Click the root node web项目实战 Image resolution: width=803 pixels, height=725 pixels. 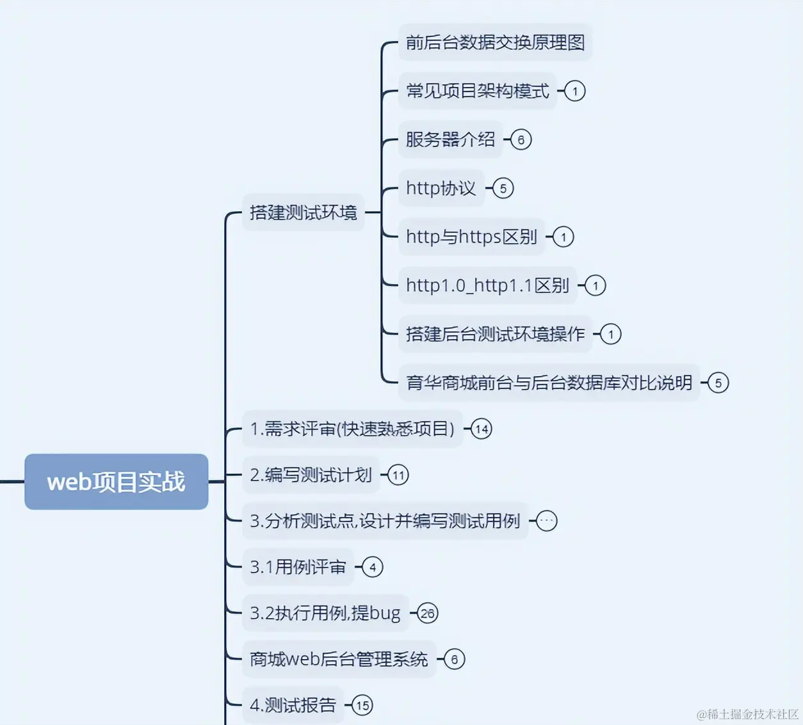[116, 482]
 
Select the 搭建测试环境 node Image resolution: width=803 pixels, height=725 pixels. [303, 212]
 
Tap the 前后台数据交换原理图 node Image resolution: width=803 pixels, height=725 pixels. [495, 42]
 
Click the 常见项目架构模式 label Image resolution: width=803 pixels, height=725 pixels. [477, 91]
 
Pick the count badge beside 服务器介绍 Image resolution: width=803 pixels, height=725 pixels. [521, 139]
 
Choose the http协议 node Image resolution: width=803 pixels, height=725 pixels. [441, 188]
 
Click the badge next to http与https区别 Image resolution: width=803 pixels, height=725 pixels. [564, 237]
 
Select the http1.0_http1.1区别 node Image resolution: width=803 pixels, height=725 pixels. [487, 285]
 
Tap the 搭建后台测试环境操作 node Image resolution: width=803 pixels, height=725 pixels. [495, 334]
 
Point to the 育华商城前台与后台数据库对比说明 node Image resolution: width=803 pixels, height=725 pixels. [549, 383]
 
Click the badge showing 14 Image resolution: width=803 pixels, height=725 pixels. [482, 429]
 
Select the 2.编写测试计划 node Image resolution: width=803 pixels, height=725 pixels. [311, 475]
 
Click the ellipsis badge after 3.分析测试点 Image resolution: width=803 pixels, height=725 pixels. [546, 521]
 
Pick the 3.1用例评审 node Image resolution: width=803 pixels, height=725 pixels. [298, 567]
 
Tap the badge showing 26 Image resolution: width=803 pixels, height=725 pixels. [428, 613]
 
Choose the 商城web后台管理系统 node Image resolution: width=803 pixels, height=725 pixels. [339, 659]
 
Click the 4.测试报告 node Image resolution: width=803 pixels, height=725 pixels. [293, 705]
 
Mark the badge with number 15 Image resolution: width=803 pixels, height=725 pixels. [362, 705]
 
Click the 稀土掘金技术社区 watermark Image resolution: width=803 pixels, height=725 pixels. [747, 714]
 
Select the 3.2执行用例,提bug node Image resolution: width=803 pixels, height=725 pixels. [325, 613]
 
